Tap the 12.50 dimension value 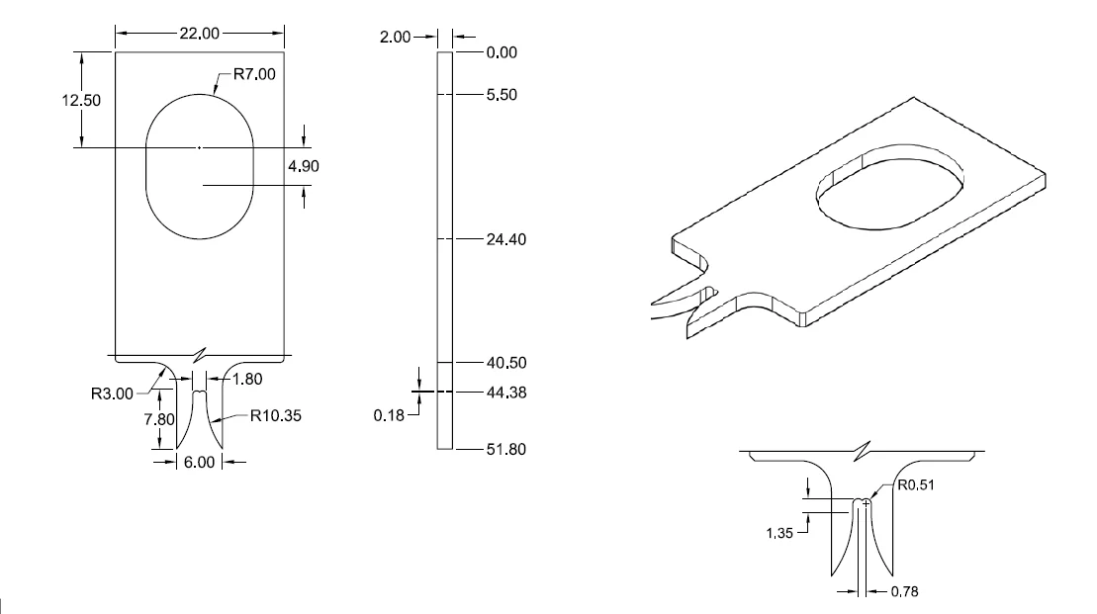(95, 101)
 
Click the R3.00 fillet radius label (114, 395)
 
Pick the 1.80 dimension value (250, 378)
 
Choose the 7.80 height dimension (159, 419)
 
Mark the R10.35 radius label (277, 416)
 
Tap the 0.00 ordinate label (502, 52)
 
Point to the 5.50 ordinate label (502, 95)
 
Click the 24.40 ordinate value (505, 239)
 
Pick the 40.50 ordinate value (505, 363)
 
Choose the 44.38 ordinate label (505, 393)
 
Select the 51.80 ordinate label (505, 450)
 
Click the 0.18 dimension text (390, 416)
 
